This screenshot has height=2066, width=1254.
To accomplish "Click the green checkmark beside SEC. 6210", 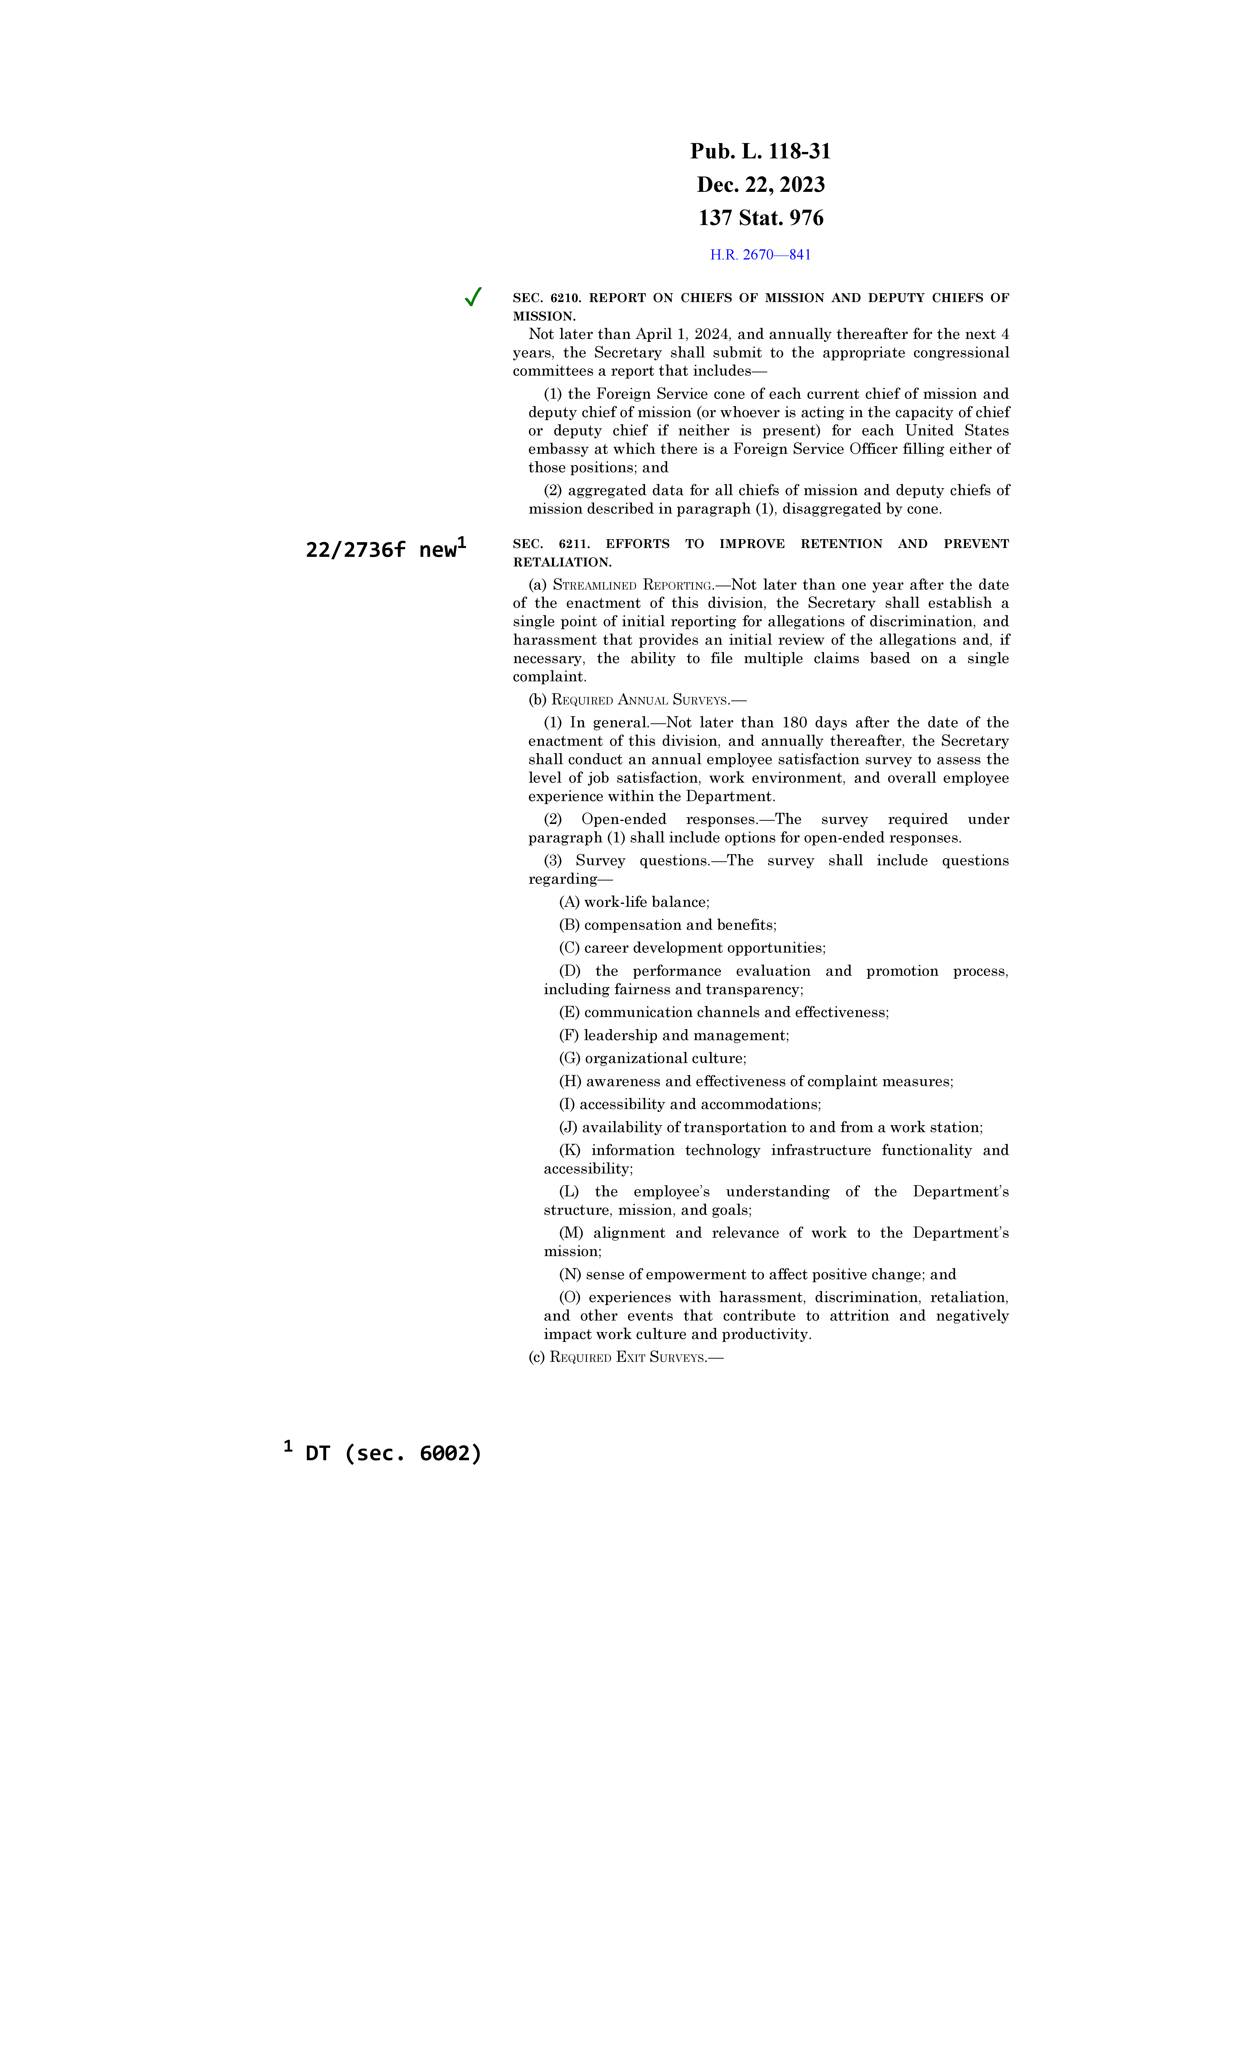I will [x=473, y=297].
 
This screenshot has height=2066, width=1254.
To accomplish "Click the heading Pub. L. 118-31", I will [x=760, y=152].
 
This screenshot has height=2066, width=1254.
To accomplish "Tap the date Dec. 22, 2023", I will [x=760, y=184].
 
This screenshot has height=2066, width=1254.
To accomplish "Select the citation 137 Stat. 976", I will [x=760, y=218].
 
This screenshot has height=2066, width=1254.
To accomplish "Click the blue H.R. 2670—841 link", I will [x=760, y=255].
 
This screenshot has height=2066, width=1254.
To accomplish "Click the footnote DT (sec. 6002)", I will [x=392, y=1453].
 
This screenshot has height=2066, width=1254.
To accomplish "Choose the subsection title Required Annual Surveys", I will [x=641, y=700].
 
